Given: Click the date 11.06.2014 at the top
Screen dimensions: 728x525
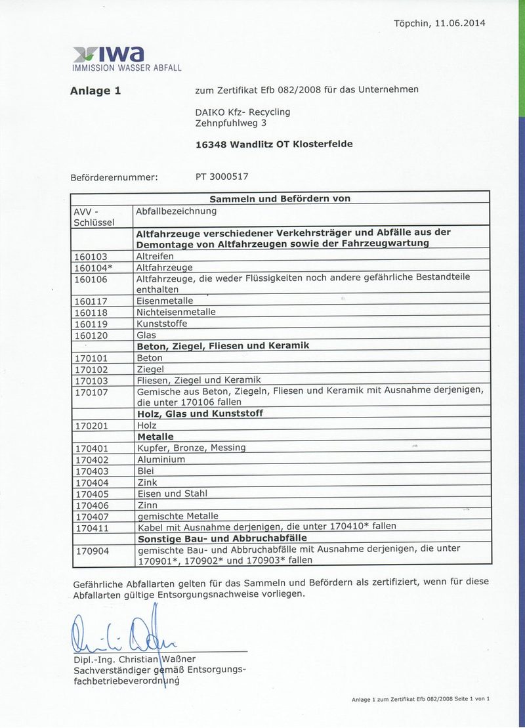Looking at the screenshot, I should coord(459,23).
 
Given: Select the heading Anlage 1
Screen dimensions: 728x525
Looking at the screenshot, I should coord(95,91).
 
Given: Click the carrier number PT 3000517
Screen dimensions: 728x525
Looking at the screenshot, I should coord(222,176).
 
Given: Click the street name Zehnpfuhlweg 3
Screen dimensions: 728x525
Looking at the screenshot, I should coord(231,122).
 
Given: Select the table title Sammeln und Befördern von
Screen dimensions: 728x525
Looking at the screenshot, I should coord(280,198).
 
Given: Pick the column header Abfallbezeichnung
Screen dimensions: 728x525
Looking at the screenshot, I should coord(176,211).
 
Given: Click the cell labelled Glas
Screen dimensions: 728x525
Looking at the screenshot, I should coord(146,335).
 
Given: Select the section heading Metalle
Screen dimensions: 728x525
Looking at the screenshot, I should coord(155,437).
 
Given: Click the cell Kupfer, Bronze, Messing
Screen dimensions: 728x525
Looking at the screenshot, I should coord(191,448).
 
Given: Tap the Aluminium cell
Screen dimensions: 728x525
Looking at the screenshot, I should coord(161,460).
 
